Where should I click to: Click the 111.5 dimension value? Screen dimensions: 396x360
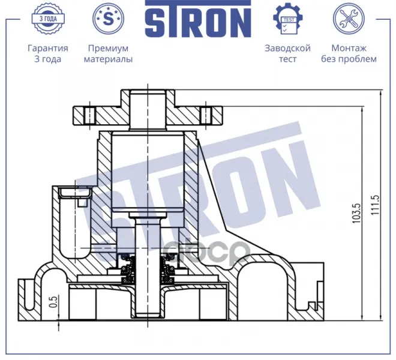pos(376,205)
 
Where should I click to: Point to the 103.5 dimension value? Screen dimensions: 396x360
pos(357,214)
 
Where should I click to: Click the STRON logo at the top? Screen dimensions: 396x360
pos(198,19)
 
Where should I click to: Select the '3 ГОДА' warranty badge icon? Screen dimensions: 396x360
pos(48,19)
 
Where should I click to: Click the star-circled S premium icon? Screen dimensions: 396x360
pos(109,19)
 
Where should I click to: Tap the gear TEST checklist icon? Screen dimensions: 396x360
pos(288,19)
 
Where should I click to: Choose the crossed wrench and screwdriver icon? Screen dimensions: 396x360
pos(349,19)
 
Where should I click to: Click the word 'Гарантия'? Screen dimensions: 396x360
pos(48,48)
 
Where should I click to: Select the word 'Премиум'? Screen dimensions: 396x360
pos(108,48)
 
